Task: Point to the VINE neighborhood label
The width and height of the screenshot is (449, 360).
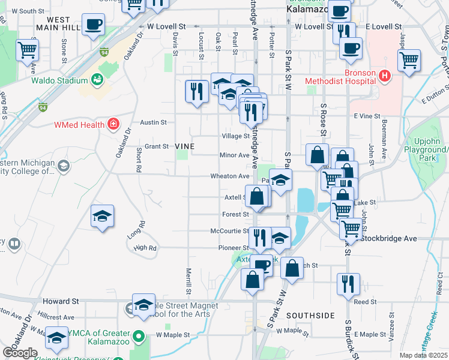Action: click(x=185, y=146)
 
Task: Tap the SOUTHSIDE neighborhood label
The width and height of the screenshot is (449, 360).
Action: click(x=310, y=315)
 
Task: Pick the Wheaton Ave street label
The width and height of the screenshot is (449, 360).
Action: click(x=229, y=176)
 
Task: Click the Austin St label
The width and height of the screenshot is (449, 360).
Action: click(x=153, y=122)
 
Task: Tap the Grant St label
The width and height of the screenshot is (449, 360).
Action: click(x=157, y=146)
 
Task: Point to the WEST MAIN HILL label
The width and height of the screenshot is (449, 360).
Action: click(x=62, y=23)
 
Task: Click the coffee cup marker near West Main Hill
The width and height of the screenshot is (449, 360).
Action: click(x=93, y=25)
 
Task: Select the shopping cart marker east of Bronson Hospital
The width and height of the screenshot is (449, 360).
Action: click(x=409, y=60)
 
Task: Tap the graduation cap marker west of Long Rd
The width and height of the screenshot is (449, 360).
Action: click(x=102, y=216)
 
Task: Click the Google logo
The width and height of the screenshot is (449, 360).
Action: click(x=20, y=353)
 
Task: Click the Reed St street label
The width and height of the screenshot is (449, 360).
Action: click(x=365, y=302)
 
